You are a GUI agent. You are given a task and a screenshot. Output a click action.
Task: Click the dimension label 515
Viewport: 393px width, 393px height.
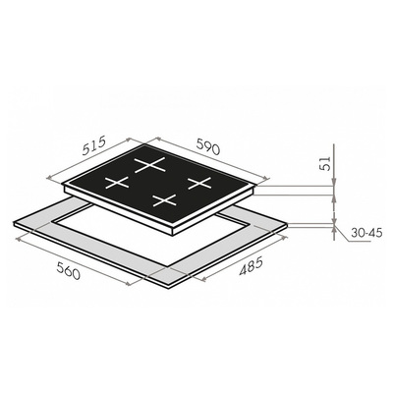click(x=94, y=145)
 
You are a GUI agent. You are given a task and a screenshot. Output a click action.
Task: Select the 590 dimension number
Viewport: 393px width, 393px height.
click(x=207, y=145)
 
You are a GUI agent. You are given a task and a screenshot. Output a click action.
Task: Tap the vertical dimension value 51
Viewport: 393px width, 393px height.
click(x=325, y=163)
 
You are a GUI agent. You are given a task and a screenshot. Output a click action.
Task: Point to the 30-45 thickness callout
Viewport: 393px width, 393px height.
click(x=366, y=233)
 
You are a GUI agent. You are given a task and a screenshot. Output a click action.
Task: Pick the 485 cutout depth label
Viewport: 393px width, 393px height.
click(x=251, y=266)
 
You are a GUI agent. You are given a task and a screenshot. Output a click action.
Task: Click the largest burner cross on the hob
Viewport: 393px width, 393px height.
click(x=149, y=164)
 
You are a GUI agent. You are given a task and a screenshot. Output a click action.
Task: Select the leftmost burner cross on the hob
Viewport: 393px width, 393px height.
click(x=117, y=183)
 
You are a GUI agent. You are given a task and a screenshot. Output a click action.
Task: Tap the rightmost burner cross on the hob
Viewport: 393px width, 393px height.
click(x=199, y=183)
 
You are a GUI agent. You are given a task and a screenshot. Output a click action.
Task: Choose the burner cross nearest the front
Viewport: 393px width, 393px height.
click(x=165, y=200)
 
